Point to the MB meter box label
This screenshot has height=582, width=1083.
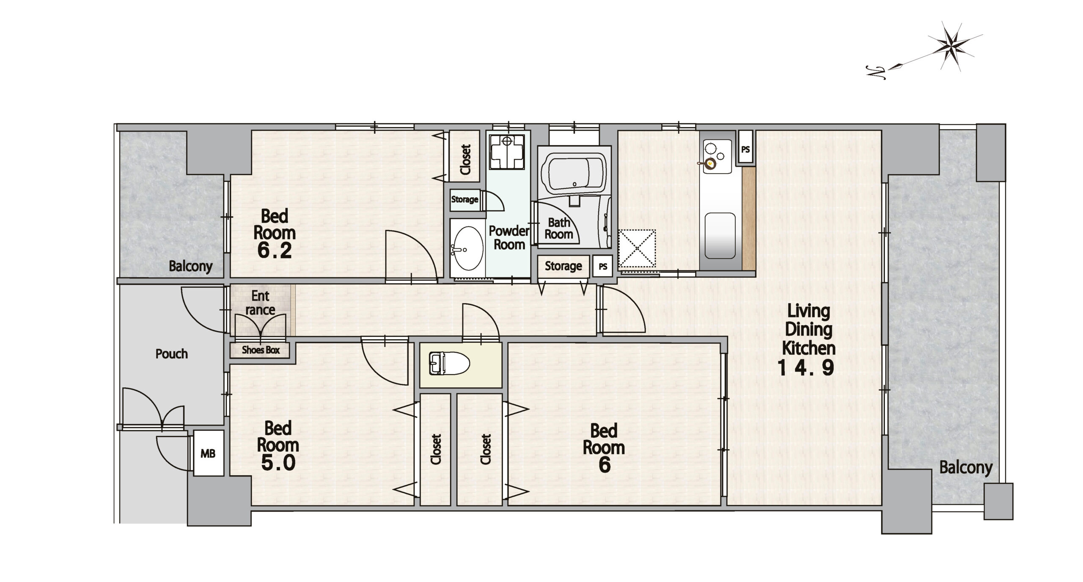[x=208, y=454]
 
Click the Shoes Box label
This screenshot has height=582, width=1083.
[x=261, y=350]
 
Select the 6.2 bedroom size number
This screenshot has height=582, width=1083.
[x=275, y=251]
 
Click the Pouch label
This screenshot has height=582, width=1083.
[x=171, y=354]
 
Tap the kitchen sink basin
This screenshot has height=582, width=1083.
[x=720, y=235]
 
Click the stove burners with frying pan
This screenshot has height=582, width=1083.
[x=715, y=156]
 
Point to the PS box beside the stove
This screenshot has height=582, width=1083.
[x=745, y=150]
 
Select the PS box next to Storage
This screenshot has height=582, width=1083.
[x=603, y=267]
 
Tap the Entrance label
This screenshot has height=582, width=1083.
[x=260, y=303]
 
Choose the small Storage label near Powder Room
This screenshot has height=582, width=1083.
[x=465, y=199]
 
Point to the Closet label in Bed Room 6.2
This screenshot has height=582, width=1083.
[x=465, y=160]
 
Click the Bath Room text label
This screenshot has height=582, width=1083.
[x=558, y=228]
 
